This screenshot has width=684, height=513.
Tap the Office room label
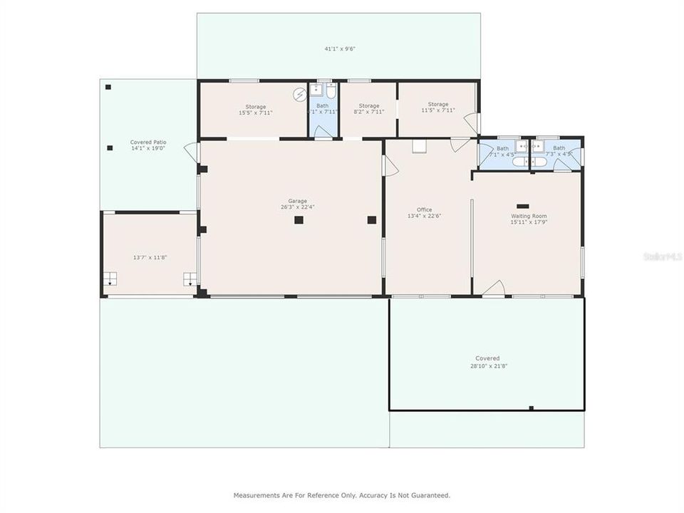click(x=424, y=213)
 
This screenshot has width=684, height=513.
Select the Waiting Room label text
click(x=529, y=219)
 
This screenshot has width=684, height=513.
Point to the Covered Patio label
click(x=148, y=145)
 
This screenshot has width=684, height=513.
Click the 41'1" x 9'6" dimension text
click(x=340, y=49)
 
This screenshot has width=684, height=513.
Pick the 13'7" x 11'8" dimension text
click(x=150, y=257)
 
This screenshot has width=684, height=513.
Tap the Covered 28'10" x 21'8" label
click(x=487, y=362)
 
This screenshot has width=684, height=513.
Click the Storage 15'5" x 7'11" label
click(x=255, y=110)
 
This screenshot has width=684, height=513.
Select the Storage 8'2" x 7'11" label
click(x=369, y=109)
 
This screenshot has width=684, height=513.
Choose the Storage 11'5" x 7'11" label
click(x=438, y=108)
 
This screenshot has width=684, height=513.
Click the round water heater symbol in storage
click(x=300, y=93)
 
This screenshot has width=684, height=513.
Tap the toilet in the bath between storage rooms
click(x=331, y=90)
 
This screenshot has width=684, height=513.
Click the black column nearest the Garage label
click(x=299, y=220)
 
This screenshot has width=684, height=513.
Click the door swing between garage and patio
click(x=192, y=152)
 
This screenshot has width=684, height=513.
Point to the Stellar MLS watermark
click(x=662, y=256)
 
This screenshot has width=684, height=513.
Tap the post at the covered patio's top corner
click(x=108, y=87)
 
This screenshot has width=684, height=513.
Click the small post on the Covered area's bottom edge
click(x=531, y=408)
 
